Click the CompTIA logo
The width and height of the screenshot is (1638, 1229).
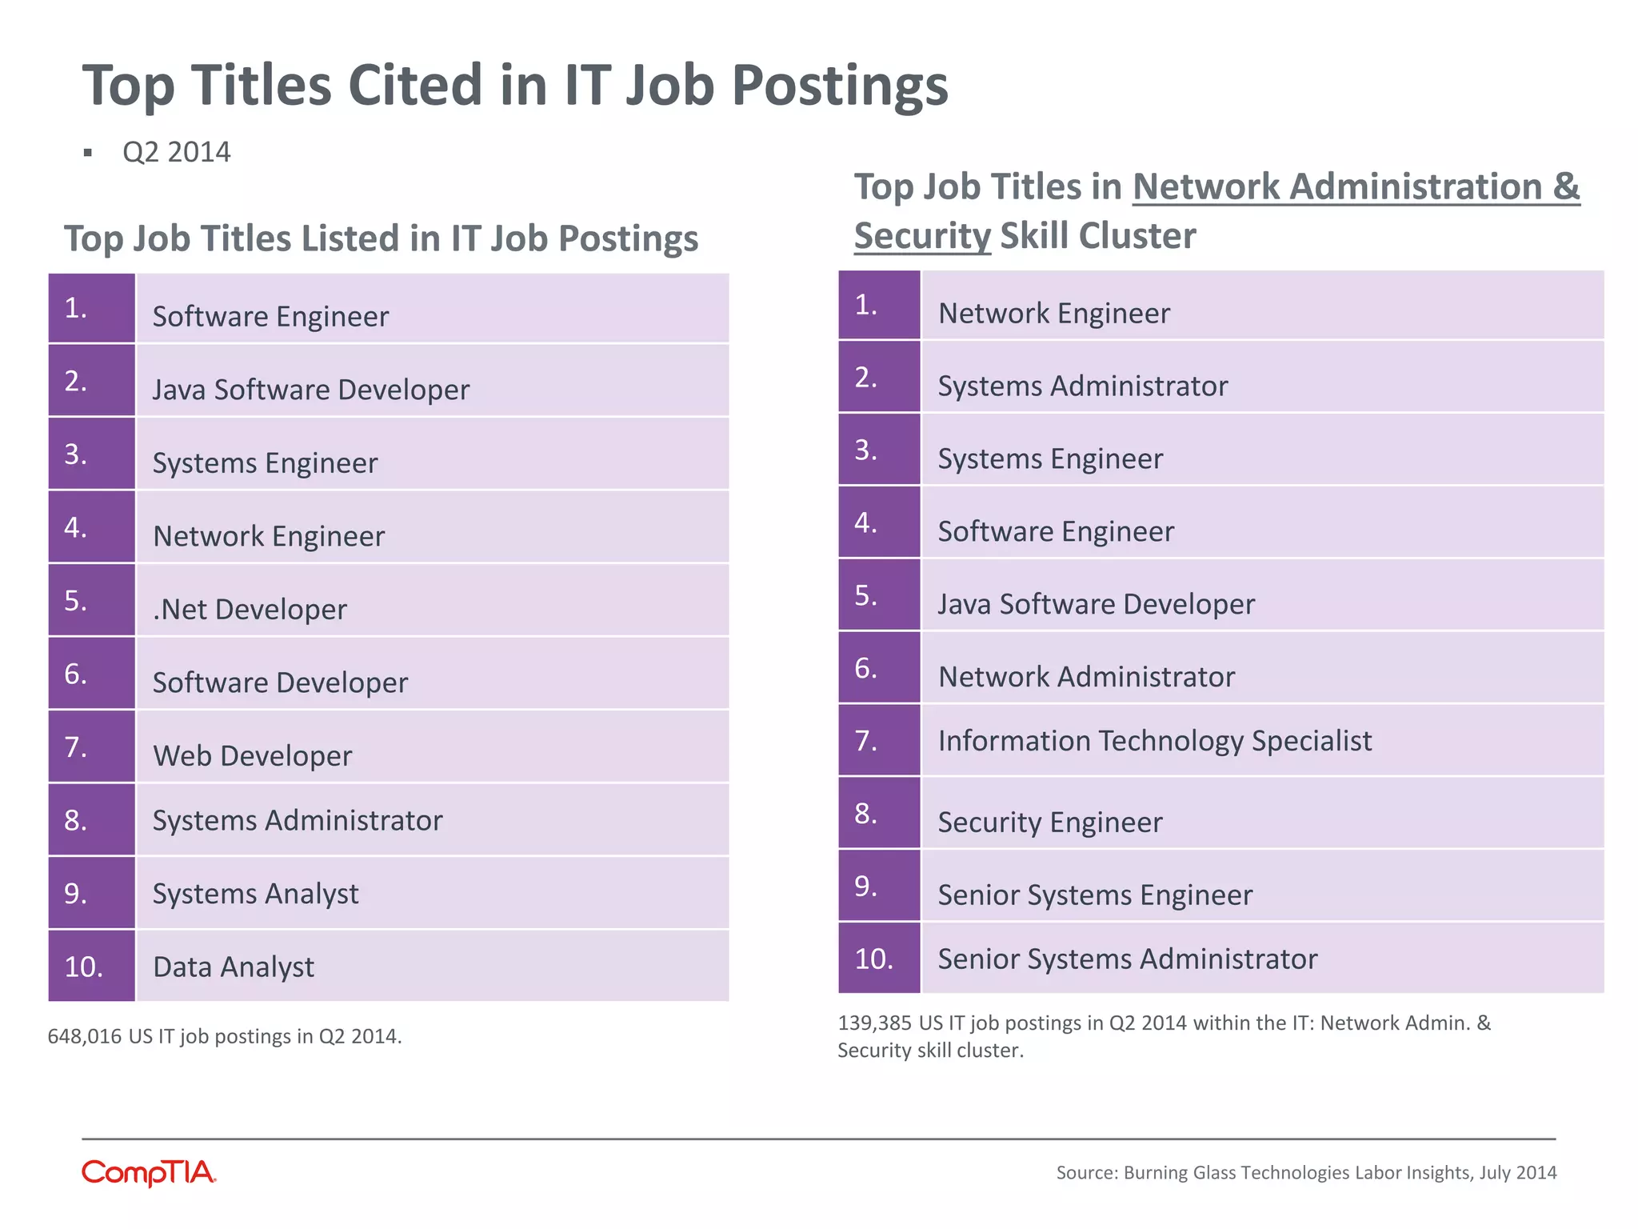[149, 1172]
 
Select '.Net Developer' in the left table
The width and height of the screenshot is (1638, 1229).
[250, 610]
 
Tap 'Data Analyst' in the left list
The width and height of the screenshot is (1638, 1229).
[234, 967]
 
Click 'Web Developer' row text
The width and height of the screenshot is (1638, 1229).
[252, 756]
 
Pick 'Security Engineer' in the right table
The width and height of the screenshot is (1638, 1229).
[1049, 823]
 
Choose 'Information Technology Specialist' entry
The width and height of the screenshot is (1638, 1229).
[1154, 741]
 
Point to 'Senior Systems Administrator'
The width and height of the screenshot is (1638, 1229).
[1127, 959]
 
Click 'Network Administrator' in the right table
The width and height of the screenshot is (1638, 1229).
[1086, 677]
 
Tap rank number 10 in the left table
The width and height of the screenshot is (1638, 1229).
[84, 967]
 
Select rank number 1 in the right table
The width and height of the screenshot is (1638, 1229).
[866, 305]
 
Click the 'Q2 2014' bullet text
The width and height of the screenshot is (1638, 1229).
[177, 152]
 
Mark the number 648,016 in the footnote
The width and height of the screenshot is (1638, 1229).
[84, 1036]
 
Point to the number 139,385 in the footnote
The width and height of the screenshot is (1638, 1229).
[874, 1023]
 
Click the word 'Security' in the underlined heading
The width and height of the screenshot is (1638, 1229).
[921, 236]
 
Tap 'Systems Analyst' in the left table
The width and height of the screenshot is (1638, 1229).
[255, 894]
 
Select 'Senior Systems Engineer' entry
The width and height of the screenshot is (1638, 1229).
[1094, 895]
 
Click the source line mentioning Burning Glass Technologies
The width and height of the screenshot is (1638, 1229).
[1306, 1172]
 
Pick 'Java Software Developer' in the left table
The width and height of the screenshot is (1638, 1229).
[310, 390]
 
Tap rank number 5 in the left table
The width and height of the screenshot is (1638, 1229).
[76, 601]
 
